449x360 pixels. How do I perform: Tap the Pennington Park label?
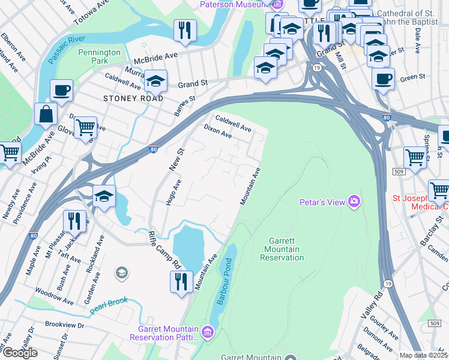(x=100, y=56)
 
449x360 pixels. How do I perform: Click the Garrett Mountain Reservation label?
(x=282, y=249)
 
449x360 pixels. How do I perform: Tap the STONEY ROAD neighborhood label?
(x=133, y=98)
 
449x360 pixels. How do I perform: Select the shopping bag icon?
(x=46, y=113)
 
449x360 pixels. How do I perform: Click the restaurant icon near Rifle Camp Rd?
(x=181, y=281)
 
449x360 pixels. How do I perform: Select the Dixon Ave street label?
(x=217, y=131)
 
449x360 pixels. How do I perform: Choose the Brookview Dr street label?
(x=65, y=325)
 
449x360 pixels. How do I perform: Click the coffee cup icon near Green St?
(x=383, y=79)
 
